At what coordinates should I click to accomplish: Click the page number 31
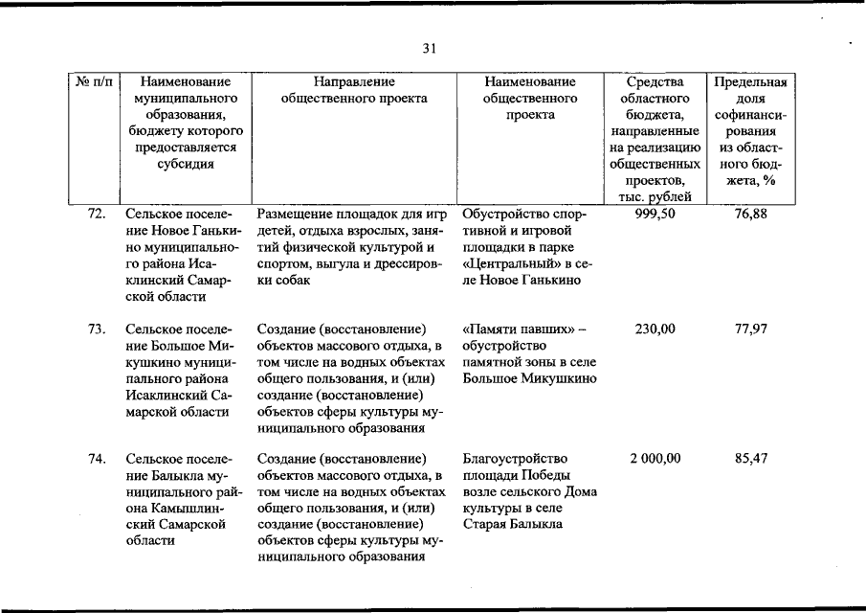point(430,49)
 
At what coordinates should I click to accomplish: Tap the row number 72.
point(96,214)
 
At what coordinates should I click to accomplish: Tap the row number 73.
point(96,329)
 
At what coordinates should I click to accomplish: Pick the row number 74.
point(96,458)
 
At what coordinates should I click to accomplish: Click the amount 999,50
point(655,214)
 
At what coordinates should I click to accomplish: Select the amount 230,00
point(655,329)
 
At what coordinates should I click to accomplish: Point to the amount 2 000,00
point(655,458)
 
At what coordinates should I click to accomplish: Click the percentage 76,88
point(751,214)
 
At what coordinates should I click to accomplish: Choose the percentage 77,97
point(751,329)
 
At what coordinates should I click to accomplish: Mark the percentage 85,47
point(751,458)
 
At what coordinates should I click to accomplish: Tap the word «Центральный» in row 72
point(508,262)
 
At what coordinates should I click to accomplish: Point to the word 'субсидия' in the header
point(185,163)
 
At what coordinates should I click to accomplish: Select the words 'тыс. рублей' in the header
point(655,196)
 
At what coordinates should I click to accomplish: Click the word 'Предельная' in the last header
point(751,81)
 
